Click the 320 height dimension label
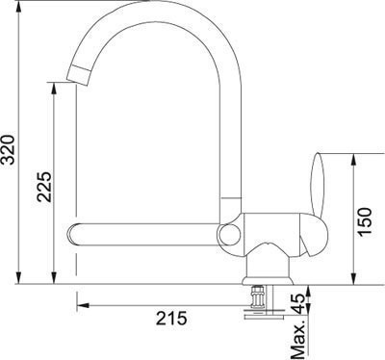tap(8, 149)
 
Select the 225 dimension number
tap(44, 187)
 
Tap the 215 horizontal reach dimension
tap(171, 319)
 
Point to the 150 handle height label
tap(365, 221)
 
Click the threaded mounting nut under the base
tap(257, 296)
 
